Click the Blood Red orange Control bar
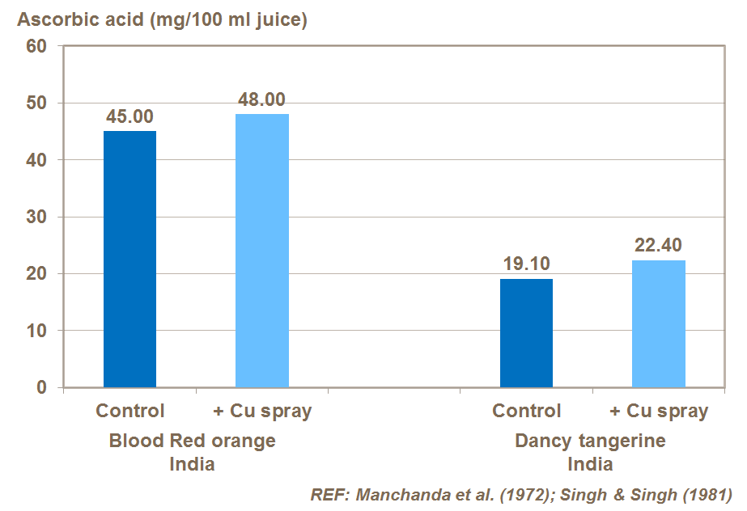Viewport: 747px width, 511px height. point(129,259)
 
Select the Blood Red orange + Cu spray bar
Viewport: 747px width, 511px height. point(262,251)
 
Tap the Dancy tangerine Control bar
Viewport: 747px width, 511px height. point(526,333)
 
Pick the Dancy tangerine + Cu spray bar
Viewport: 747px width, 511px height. point(659,323)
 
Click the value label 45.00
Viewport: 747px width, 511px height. point(129,117)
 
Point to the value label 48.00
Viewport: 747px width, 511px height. point(261,100)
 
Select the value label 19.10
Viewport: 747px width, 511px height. point(526,265)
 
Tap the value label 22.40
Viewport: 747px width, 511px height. point(659,246)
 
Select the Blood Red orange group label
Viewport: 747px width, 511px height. point(192,441)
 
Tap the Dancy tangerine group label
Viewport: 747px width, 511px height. point(590,441)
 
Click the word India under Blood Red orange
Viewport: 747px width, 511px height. point(192,465)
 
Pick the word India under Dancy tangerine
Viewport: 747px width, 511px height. point(590,465)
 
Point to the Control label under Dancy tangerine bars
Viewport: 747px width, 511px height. point(526,411)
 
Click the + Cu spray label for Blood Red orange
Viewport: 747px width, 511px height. point(262,411)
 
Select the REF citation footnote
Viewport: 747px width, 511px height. point(521,494)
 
